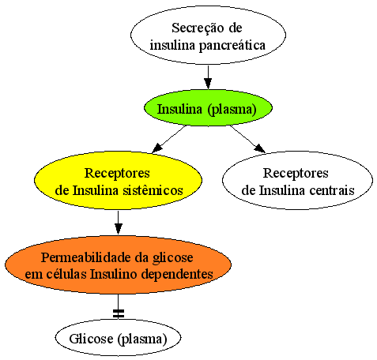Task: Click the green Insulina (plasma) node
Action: (x=208, y=108)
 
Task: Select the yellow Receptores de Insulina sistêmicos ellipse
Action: (x=118, y=181)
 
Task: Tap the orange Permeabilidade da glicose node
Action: (x=118, y=264)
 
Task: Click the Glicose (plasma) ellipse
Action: (x=118, y=338)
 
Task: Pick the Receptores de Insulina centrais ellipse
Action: (x=297, y=181)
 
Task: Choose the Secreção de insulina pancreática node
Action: (x=208, y=35)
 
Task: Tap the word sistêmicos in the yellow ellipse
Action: (x=153, y=190)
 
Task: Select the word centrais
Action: (x=332, y=190)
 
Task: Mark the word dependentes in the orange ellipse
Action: (x=177, y=274)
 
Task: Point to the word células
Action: (x=66, y=274)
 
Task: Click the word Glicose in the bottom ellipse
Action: (x=91, y=339)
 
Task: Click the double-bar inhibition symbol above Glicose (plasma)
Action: (x=119, y=313)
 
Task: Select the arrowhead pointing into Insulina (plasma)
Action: (x=208, y=84)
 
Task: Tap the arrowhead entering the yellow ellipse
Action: (x=156, y=148)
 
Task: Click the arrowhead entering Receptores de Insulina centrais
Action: (x=260, y=148)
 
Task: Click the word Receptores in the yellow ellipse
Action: (x=117, y=174)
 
